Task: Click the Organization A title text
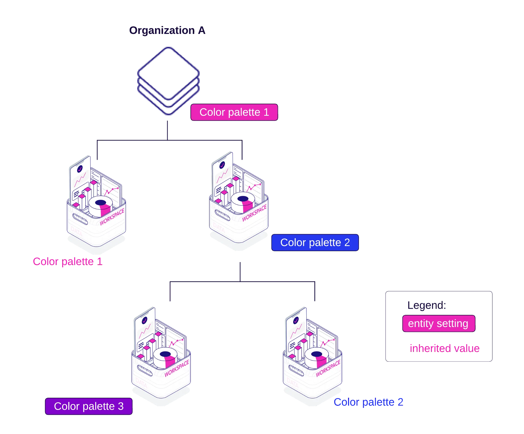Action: pos(167,31)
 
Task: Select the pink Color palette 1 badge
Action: pos(234,112)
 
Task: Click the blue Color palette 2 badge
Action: pos(315,243)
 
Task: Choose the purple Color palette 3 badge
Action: pos(89,406)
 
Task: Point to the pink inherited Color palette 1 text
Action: pos(68,262)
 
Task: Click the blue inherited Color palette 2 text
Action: pos(368,402)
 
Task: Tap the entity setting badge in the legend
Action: pos(438,324)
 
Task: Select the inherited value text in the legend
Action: pos(445,348)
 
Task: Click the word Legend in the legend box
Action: pos(427,306)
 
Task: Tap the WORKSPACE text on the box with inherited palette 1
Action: pos(112,216)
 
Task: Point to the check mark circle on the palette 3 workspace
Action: pos(144,320)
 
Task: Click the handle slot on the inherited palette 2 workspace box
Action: pos(296,370)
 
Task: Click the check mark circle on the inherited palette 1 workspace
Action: pos(80,169)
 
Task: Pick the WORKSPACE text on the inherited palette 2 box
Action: pos(328,368)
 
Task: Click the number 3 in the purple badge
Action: pos(121,406)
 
